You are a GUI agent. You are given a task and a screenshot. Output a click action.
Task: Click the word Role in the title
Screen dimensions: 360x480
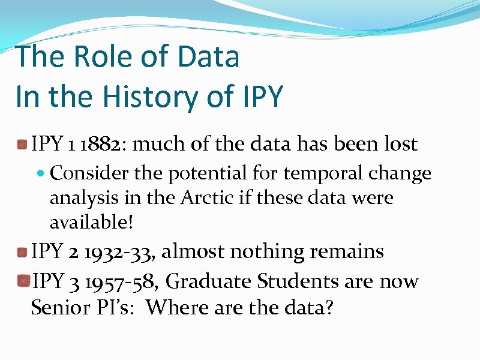[x=97, y=57]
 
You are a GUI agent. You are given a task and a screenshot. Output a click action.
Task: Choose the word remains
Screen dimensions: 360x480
[x=347, y=251]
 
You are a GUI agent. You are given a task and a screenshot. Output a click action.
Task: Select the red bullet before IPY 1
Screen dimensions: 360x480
[x=22, y=145]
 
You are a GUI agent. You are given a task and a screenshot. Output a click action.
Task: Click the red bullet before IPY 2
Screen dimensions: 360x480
[x=22, y=252]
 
